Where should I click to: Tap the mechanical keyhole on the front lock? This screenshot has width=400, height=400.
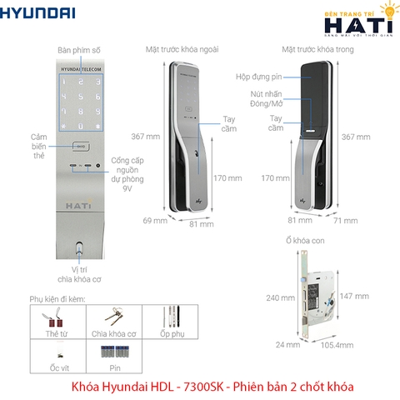(x=79, y=247)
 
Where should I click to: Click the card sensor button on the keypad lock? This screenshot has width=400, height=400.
(x=80, y=147)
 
